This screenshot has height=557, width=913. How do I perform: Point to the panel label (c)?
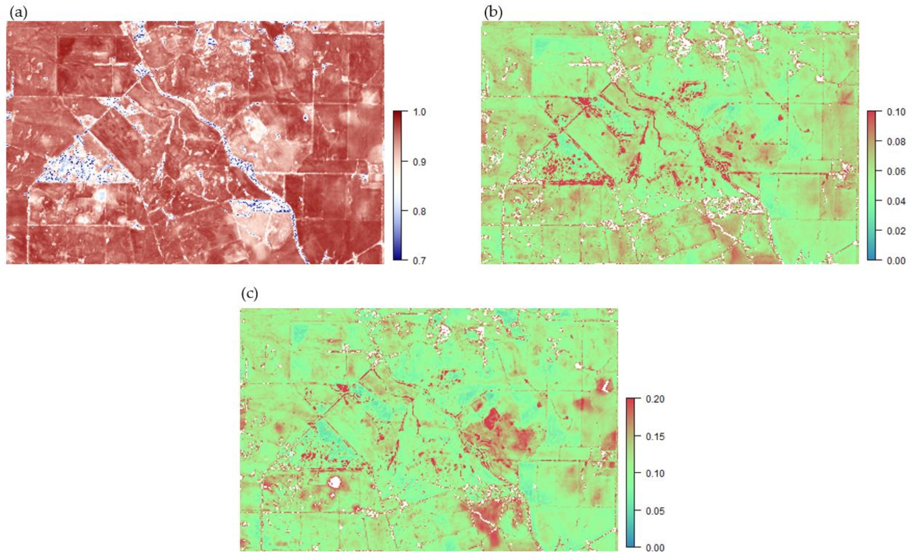(x=249, y=294)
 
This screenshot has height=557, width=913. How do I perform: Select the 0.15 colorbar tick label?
(x=655, y=436)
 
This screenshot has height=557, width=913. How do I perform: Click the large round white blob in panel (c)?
(x=335, y=482)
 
